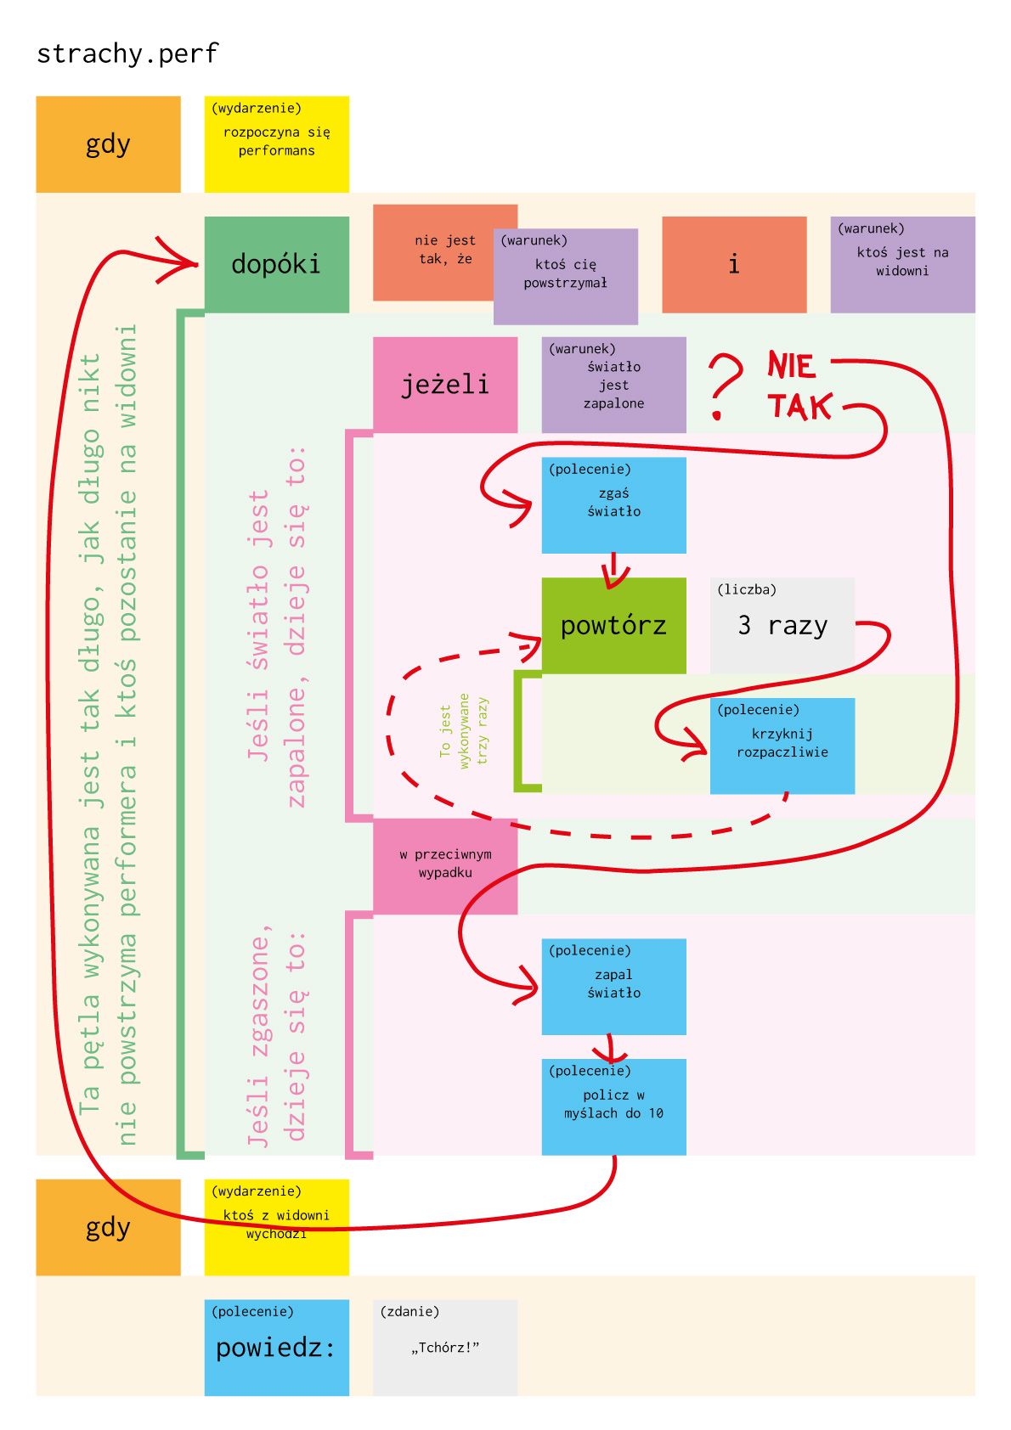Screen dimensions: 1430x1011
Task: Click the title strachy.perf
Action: (x=127, y=53)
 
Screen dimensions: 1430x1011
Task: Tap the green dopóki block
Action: (x=276, y=264)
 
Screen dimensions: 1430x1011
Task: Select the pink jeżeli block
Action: (x=445, y=385)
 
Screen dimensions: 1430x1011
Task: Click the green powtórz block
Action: (x=613, y=625)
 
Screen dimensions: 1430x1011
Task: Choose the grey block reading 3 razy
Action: (x=782, y=625)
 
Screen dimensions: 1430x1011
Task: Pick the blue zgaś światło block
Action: (x=613, y=505)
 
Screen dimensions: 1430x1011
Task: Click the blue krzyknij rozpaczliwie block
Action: (x=782, y=746)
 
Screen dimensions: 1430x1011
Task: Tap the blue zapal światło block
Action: (x=613, y=986)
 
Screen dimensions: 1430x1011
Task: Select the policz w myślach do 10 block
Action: (x=613, y=1106)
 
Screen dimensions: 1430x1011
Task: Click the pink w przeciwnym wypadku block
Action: (x=445, y=865)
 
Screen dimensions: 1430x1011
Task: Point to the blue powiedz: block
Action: (x=276, y=1347)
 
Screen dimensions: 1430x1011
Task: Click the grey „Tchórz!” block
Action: (x=445, y=1347)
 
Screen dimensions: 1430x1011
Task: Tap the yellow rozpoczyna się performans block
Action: (x=276, y=144)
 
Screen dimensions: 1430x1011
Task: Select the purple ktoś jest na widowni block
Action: (x=902, y=264)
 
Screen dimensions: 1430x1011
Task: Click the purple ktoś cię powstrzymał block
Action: (x=566, y=276)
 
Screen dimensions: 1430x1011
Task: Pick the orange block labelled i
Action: (x=734, y=264)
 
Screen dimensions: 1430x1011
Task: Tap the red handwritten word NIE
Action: (x=791, y=365)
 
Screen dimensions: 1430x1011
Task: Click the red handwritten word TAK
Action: (x=799, y=407)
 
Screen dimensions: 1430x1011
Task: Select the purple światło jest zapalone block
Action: (x=613, y=385)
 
